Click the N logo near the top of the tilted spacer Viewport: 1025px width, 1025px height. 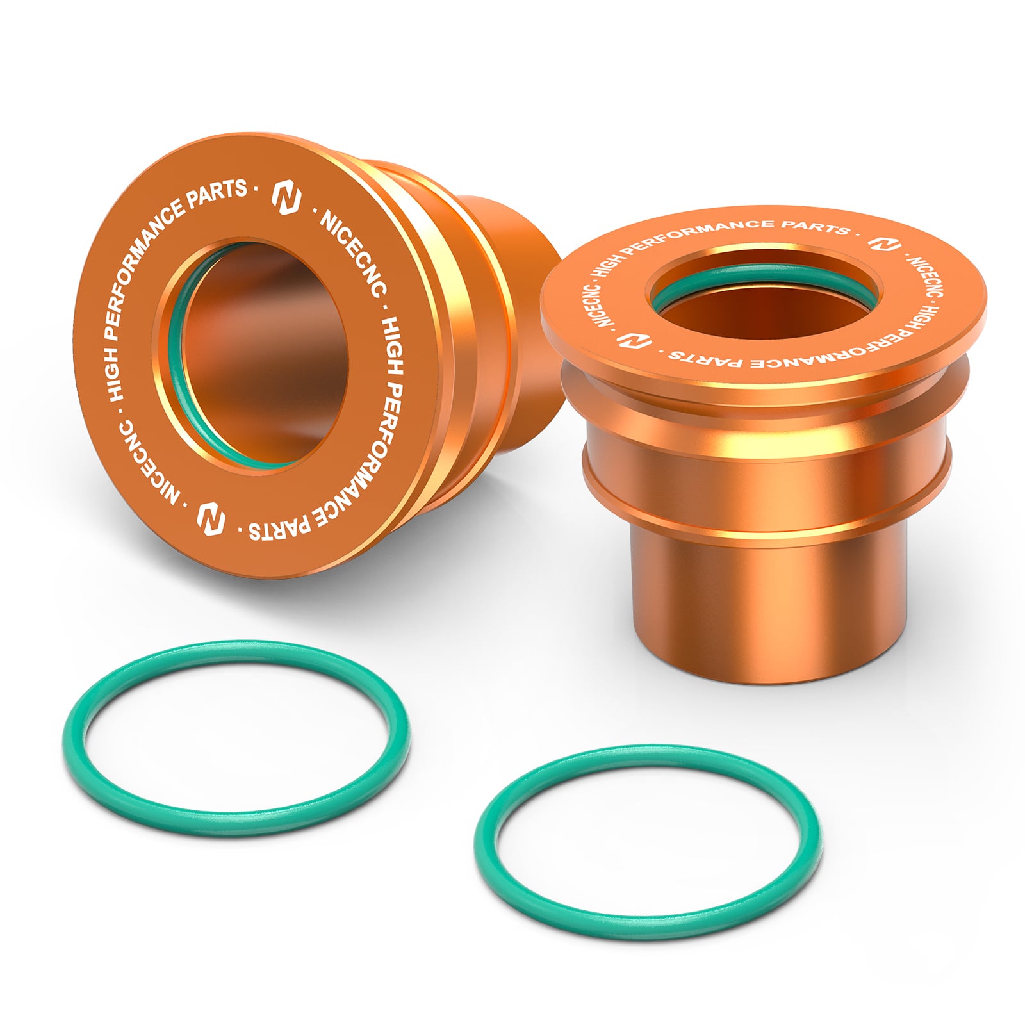(x=286, y=198)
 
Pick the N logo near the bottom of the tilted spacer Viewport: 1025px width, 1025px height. (x=211, y=518)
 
